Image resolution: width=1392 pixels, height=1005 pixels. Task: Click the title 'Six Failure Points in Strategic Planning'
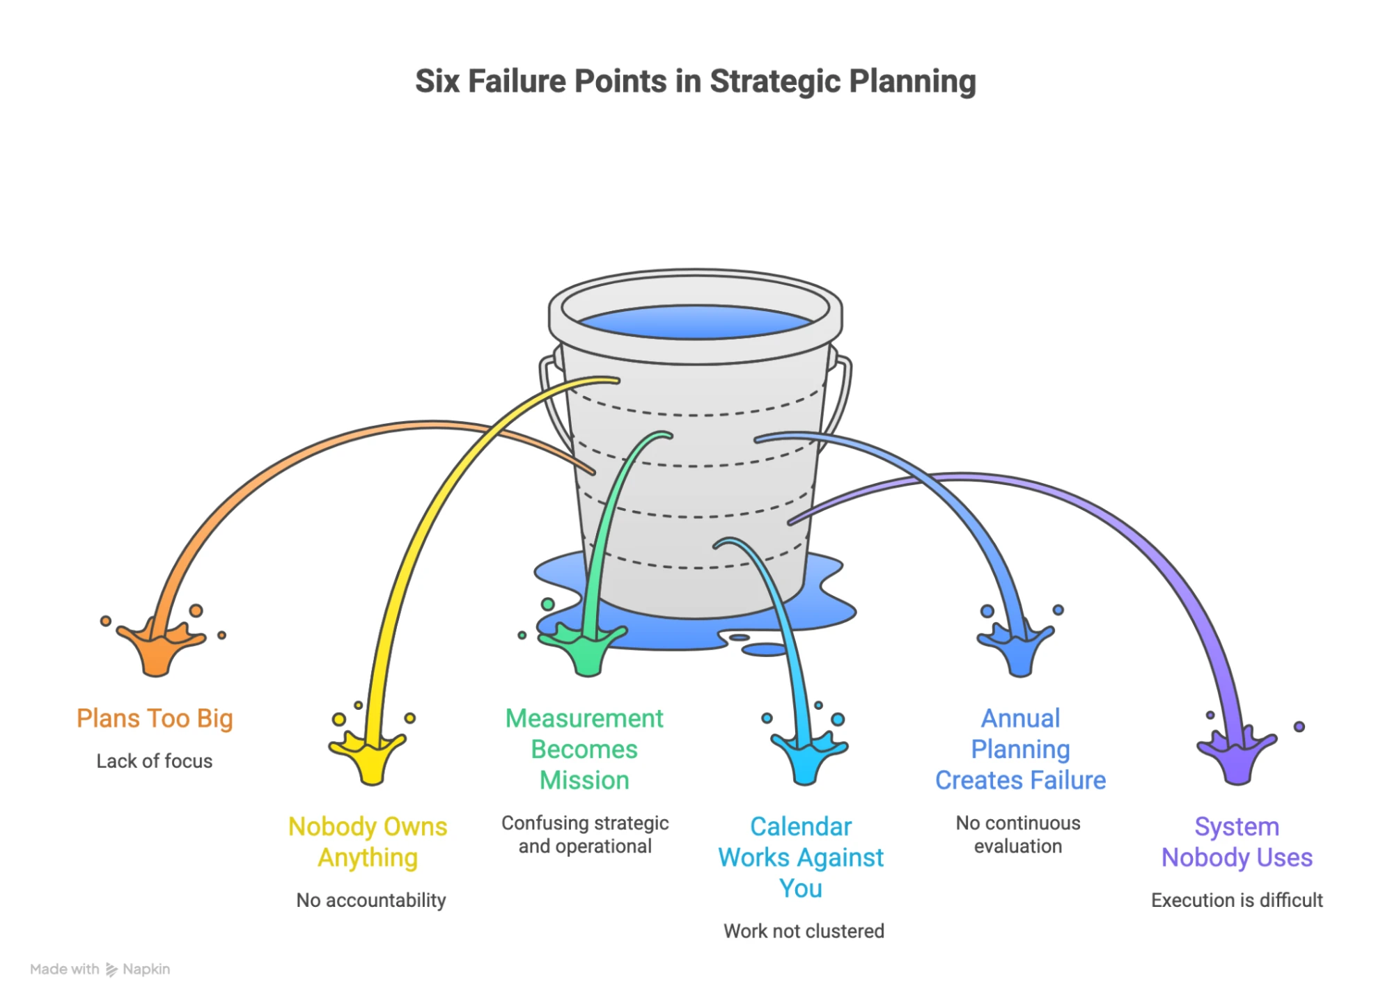(695, 81)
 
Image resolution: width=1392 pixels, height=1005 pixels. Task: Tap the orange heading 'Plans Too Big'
(155, 718)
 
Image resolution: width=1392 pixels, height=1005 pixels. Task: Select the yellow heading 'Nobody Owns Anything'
(368, 841)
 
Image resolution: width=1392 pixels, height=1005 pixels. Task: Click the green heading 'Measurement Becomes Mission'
(584, 749)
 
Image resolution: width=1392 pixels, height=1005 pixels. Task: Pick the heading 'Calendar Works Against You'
(801, 857)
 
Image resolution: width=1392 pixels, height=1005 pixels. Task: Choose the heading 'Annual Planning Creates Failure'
(1020, 749)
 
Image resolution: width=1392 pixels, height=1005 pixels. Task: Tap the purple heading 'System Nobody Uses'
(1237, 841)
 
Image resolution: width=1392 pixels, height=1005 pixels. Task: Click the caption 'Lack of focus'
(155, 761)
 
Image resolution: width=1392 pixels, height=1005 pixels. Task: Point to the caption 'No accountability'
(371, 900)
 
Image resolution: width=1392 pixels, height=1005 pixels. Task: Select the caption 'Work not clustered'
(804, 931)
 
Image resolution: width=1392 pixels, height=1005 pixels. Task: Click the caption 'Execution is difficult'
(1237, 900)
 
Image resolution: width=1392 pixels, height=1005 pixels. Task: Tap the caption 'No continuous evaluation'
(1018, 834)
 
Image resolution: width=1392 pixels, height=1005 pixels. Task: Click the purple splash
(1237, 755)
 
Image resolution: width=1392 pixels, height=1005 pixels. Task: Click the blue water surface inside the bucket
(695, 322)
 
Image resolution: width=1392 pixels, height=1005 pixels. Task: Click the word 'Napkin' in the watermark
(146, 969)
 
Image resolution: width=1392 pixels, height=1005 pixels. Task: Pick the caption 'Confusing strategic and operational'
(585, 834)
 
